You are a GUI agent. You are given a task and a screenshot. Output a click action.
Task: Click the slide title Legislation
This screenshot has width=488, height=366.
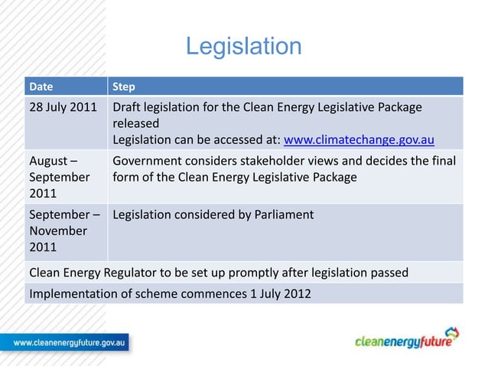(x=244, y=47)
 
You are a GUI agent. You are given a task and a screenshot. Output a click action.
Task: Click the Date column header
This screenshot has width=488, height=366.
(x=41, y=86)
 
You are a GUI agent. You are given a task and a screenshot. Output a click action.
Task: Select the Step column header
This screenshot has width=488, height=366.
(x=123, y=86)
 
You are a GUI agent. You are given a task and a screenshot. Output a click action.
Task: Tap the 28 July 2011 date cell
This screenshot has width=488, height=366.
(x=63, y=106)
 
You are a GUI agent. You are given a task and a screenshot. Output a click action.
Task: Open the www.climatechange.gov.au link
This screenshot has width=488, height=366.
(x=359, y=140)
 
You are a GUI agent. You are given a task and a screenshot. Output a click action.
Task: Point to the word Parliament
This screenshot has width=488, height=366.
(x=283, y=215)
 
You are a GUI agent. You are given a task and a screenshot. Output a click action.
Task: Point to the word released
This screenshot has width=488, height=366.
(x=135, y=123)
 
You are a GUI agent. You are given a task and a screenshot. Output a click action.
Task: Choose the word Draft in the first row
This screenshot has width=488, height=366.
(x=127, y=106)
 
